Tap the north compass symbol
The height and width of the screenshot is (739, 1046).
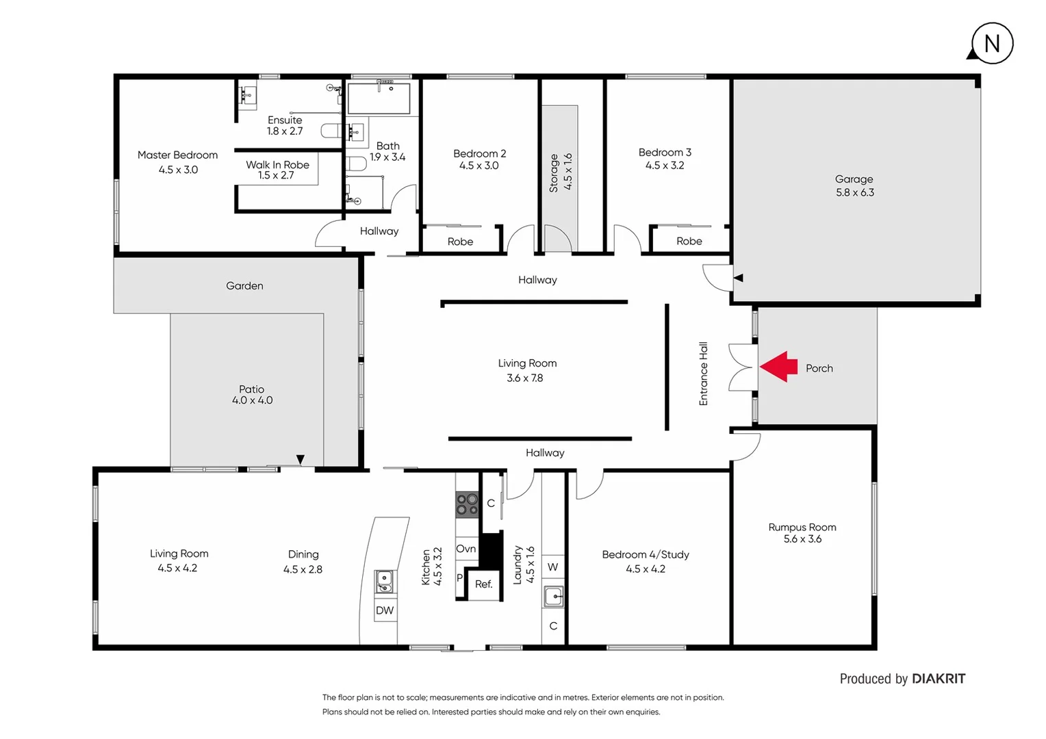[x=991, y=44]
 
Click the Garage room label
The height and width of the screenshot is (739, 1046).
[x=854, y=179]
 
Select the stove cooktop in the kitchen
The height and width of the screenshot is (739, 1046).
[x=467, y=505]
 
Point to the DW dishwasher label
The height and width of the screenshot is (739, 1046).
[x=385, y=610]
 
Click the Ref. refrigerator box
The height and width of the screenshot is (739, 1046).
[x=483, y=584]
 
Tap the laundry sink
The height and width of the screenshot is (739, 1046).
[x=553, y=597]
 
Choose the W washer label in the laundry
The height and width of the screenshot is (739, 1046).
[x=552, y=567]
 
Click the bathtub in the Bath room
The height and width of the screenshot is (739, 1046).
[x=379, y=99]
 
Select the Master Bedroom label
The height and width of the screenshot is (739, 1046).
[x=177, y=155]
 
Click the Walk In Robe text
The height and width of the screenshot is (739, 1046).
[x=277, y=165]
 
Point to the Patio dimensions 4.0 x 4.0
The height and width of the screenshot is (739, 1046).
[x=252, y=400]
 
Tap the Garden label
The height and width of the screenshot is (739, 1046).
[x=244, y=286]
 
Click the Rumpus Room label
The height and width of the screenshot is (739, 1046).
[x=802, y=528]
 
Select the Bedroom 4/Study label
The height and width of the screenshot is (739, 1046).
[x=645, y=555]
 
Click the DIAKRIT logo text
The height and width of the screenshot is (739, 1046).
[x=939, y=679]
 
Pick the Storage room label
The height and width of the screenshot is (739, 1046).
[x=554, y=172]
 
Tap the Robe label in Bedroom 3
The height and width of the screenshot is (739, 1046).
[x=689, y=242]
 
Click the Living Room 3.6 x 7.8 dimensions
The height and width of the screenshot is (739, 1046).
[x=524, y=378]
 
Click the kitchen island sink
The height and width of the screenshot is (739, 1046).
[x=384, y=582]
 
